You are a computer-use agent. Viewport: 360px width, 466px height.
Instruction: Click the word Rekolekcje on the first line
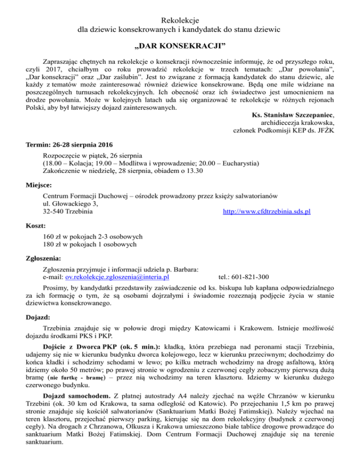pyautogui.click(x=180, y=20)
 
